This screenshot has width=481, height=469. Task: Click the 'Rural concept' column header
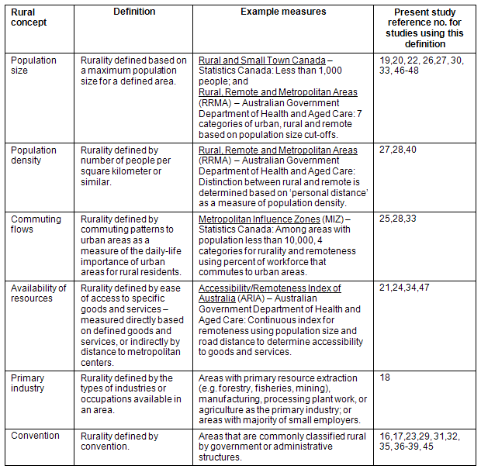click(x=29, y=17)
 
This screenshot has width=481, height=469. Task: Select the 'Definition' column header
click(x=134, y=12)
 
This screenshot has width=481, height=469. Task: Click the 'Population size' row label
click(x=33, y=64)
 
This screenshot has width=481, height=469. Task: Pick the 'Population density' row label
click(x=33, y=155)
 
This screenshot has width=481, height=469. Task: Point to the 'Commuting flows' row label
click(x=36, y=225)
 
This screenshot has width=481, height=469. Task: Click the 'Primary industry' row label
click(x=28, y=383)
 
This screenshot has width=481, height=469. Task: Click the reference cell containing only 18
click(x=386, y=378)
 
